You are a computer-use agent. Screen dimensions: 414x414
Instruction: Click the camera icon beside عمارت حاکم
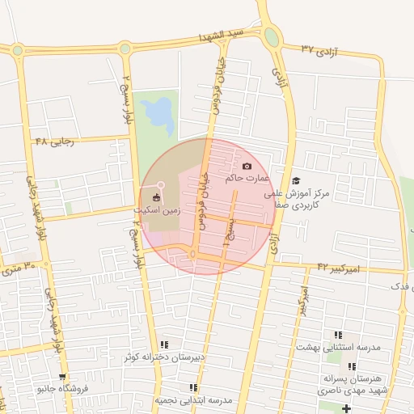(x=247, y=167)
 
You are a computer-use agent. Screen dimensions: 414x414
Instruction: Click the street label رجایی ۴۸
(x=54, y=142)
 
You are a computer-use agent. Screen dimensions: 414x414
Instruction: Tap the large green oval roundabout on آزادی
(x=272, y=37)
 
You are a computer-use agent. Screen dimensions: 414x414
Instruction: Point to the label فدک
(x=401, y=286)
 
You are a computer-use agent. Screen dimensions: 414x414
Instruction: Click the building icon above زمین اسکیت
(x=156, y=196)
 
